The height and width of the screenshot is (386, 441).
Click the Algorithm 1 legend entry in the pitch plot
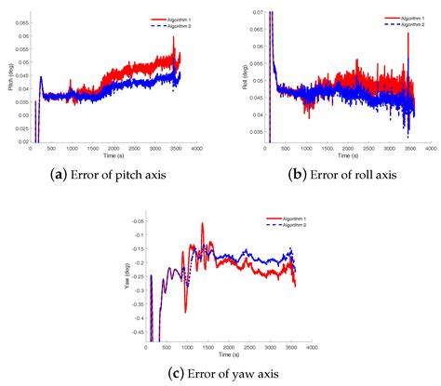(170, 18)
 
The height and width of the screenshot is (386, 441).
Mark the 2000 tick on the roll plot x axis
(346, 148)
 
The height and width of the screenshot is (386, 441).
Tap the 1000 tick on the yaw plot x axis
(188, 349)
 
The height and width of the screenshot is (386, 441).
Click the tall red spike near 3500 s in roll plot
(408, 35)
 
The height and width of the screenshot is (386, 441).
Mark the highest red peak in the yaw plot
(202, 226)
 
